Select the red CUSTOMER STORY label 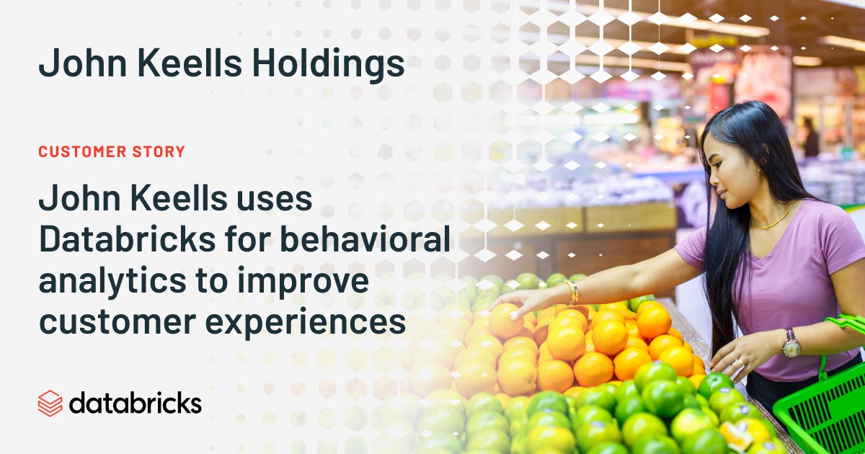(x=112, y=152)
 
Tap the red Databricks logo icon (x=50, y=403)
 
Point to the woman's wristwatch (x=791, y=344)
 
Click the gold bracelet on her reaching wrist (x=572, y=292)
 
